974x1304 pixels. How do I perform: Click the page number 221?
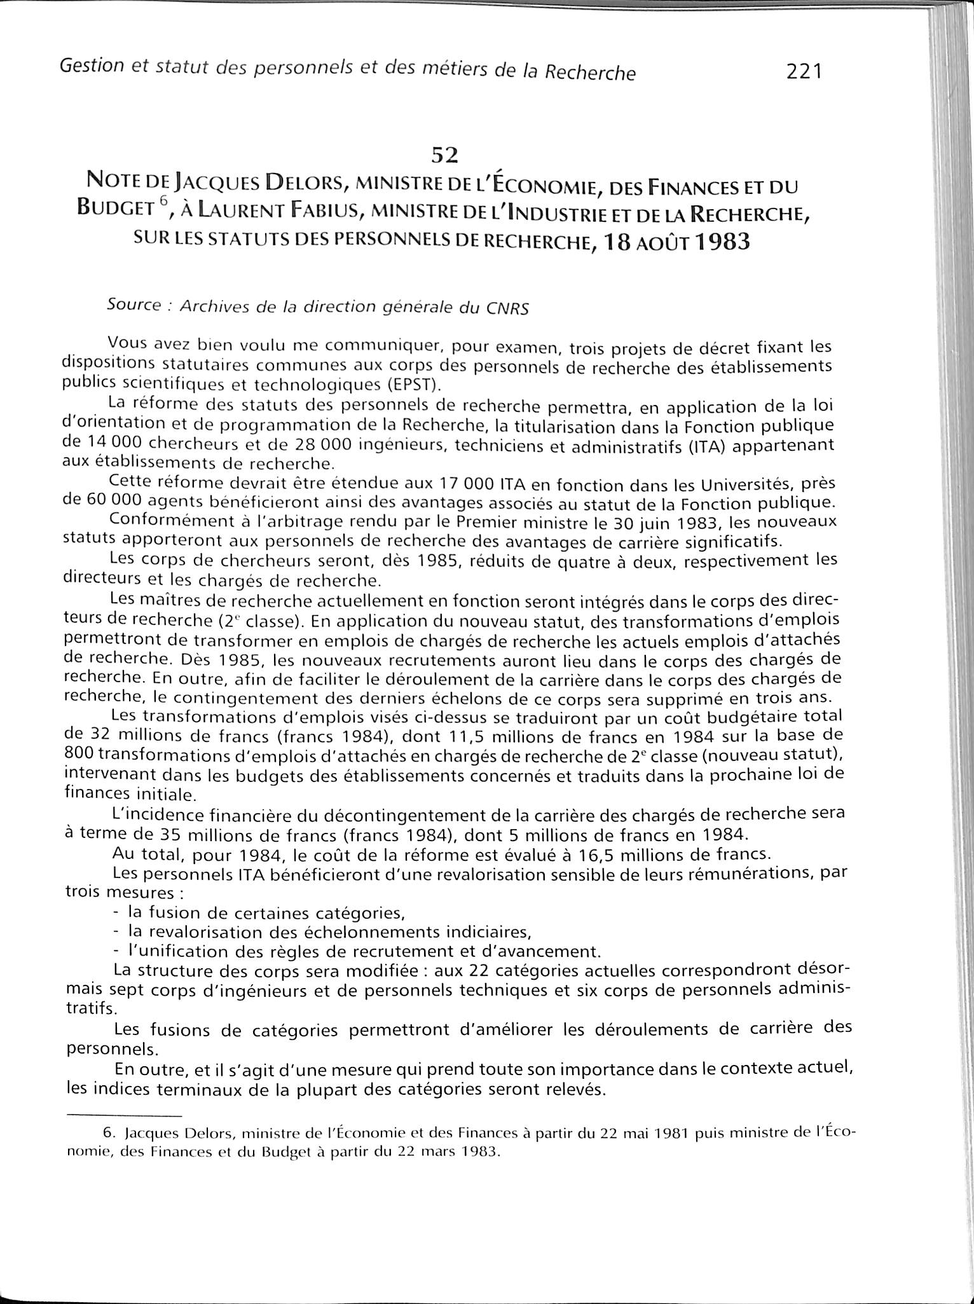[804, 71]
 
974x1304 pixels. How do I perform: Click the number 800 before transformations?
[79, 753]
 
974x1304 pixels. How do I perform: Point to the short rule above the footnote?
[123, 1115]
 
